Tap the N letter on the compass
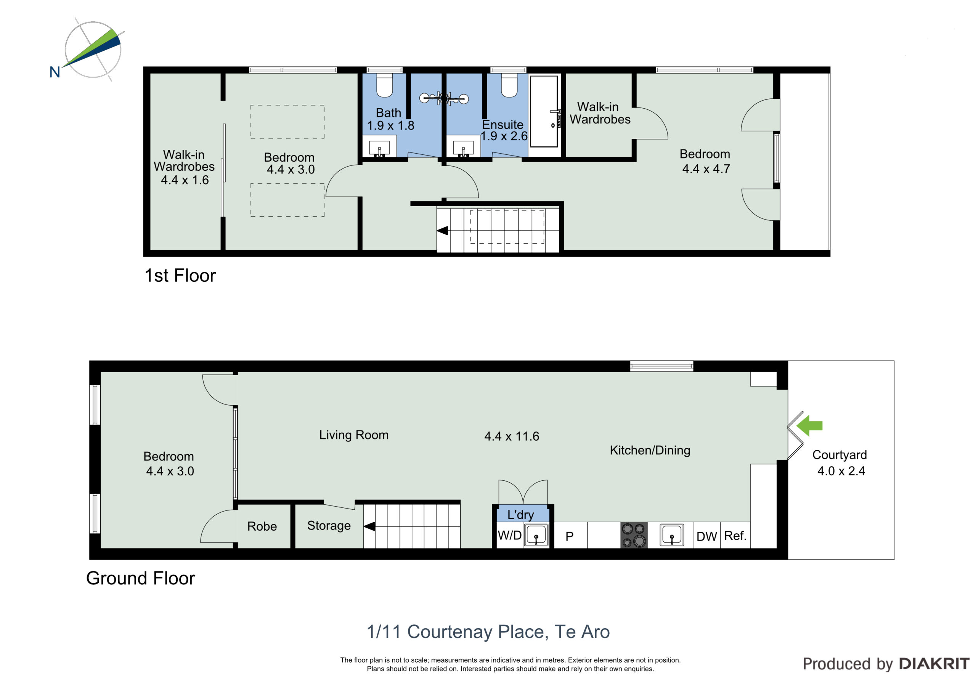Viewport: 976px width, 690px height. click(55, 72)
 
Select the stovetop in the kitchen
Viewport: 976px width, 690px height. click(634, 535)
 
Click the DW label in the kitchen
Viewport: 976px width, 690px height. click(706, 536)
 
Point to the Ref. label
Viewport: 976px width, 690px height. click(735, 536)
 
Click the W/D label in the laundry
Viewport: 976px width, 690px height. click(509, 535)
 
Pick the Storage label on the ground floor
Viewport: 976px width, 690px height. click(329, 526)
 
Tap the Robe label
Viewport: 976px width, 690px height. click(262, 526)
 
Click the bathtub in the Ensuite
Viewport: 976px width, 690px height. click(544, 111)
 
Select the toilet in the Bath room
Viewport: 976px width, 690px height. click(385, 85)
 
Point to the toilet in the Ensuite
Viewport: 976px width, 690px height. click(509, 85)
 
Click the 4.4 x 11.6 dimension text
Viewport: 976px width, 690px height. click(512, 436)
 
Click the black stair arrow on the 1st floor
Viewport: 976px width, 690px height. click(443, 231)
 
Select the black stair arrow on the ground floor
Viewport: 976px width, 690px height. click(369, 526)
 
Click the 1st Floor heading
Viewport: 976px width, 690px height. click(180, 276)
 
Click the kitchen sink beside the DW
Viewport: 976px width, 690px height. click(672, 535)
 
